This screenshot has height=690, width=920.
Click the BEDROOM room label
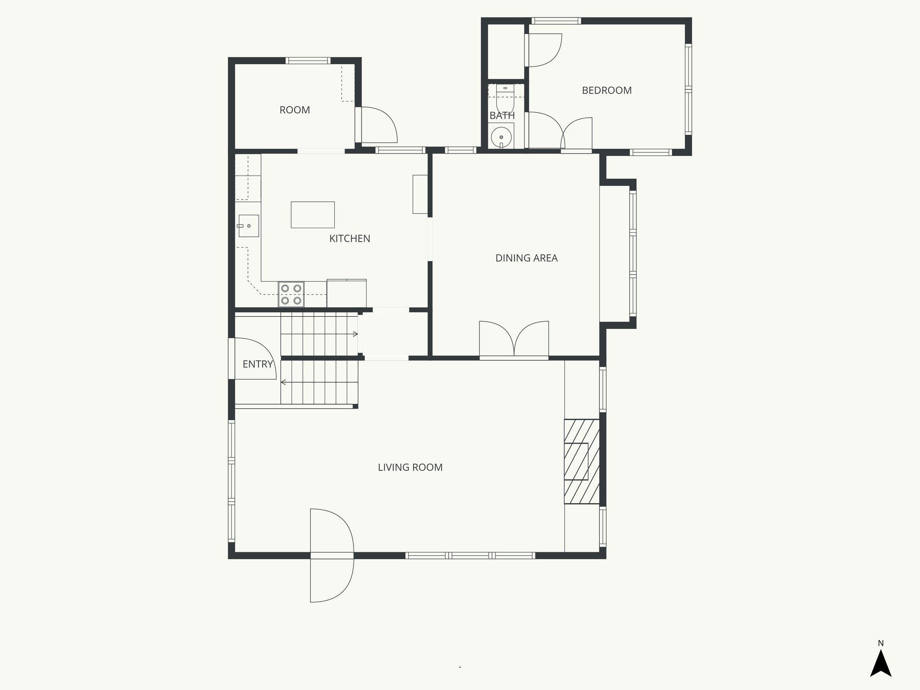(606, 90)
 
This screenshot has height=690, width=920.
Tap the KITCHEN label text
(349, 239)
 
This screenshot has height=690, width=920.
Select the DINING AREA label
(526, 258)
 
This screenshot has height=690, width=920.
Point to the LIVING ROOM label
(410, 467)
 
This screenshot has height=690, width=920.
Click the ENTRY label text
(257, 364)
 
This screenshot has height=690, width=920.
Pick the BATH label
(502, 115)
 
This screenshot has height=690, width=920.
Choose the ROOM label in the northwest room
(294, 110)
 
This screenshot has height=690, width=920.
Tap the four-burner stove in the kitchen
(291, 294)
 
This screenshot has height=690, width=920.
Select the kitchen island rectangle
(313, 215)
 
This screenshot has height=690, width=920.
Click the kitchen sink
(248, 226)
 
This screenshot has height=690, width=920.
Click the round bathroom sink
(501, 137)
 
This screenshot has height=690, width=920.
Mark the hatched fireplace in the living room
(581, 461)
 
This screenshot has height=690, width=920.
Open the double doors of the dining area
(514, 341)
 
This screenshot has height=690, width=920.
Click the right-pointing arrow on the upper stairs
(355, 334)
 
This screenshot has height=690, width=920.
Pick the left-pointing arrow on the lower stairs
(283, 382)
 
